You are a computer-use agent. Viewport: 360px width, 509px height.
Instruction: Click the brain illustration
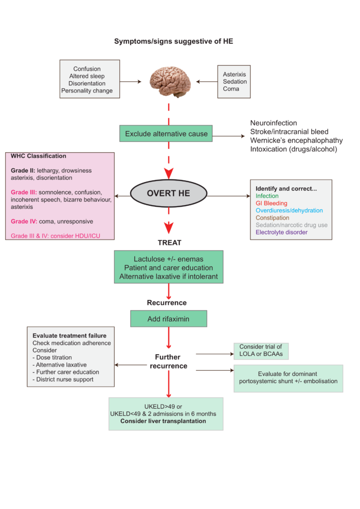(170, 81)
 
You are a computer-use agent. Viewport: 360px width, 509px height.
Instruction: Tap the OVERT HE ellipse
(169, 193)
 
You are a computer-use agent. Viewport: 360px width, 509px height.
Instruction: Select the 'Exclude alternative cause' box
(166, 133)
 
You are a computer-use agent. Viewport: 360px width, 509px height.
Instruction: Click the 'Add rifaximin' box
(169, 319)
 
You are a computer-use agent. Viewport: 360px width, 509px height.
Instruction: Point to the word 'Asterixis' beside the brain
(235, 75)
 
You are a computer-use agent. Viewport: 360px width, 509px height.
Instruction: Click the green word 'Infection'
(267, 196)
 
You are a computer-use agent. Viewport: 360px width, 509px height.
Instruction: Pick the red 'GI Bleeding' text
(272, 203)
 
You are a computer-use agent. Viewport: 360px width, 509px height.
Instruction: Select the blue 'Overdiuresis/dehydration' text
(289, 210)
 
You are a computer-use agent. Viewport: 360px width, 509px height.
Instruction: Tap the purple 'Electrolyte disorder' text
(281, 232)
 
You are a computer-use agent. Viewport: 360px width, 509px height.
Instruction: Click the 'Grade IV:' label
(24, 222)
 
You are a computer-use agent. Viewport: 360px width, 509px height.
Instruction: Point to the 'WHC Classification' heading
(38, 156)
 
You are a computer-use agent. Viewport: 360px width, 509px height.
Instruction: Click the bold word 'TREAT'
(169, 243)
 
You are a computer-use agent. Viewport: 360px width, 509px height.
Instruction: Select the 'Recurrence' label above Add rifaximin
(167, 302)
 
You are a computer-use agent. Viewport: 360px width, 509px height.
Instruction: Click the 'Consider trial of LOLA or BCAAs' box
(261, 351)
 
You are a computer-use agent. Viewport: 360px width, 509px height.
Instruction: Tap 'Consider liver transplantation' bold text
(163, 421)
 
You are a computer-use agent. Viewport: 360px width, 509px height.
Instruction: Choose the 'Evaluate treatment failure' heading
(69, 336)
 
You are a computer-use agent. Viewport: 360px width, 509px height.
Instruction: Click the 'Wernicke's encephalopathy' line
(296, 140)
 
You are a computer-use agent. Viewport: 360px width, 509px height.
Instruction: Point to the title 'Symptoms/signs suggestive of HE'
(174, 41)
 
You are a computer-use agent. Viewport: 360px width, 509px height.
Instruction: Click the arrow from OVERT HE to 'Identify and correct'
(228, 196)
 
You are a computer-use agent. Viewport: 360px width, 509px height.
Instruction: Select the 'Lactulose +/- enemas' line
(169, 259)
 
